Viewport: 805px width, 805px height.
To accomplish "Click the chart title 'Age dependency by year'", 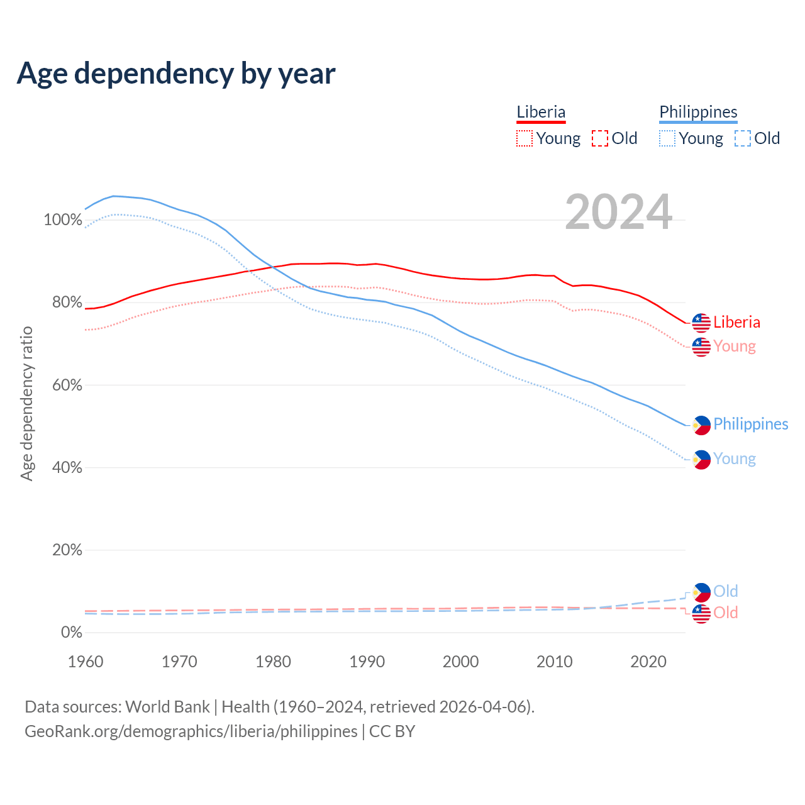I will click(176, 74).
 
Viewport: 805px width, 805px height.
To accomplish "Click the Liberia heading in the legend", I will click(541, 112).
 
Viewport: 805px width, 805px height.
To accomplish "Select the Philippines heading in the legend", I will click(698, 112).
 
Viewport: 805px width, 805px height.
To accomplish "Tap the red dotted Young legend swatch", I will click(525, 138).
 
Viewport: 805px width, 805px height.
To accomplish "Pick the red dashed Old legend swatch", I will click(600, 138).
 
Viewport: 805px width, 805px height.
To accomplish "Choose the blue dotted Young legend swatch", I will click(667, 138).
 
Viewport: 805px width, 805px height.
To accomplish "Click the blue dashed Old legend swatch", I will click(743, 138).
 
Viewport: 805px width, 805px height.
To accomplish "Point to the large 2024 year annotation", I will click(619, 212).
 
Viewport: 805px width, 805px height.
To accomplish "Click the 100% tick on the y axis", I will click(63, 220).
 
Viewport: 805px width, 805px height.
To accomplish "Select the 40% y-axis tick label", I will click(67, 467).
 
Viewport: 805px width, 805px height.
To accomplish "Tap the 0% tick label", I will click(71, 632).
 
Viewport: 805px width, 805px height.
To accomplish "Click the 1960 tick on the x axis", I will click(86, 662).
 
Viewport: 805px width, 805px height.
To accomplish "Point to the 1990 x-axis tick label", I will click(367, 662).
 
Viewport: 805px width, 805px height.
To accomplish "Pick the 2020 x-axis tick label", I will click(648, 662).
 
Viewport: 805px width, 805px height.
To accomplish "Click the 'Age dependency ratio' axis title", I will click(26, 402).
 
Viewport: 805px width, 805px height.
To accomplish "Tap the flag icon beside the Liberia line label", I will click(701, 323).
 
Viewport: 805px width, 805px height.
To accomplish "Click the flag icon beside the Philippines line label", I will click(701, 425).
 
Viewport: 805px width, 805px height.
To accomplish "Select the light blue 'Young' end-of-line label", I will click(735, 459).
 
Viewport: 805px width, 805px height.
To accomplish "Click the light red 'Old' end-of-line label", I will click(726, 613).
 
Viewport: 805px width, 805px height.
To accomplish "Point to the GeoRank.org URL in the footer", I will click(191, 731).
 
